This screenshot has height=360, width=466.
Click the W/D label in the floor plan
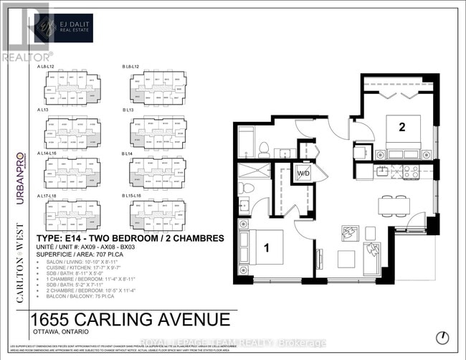305,173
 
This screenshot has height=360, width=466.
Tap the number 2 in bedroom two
402,127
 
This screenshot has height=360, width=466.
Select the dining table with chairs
394,205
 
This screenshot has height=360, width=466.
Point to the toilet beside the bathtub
264,149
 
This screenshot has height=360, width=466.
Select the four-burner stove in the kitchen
411,171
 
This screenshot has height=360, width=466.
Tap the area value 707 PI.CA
98,255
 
